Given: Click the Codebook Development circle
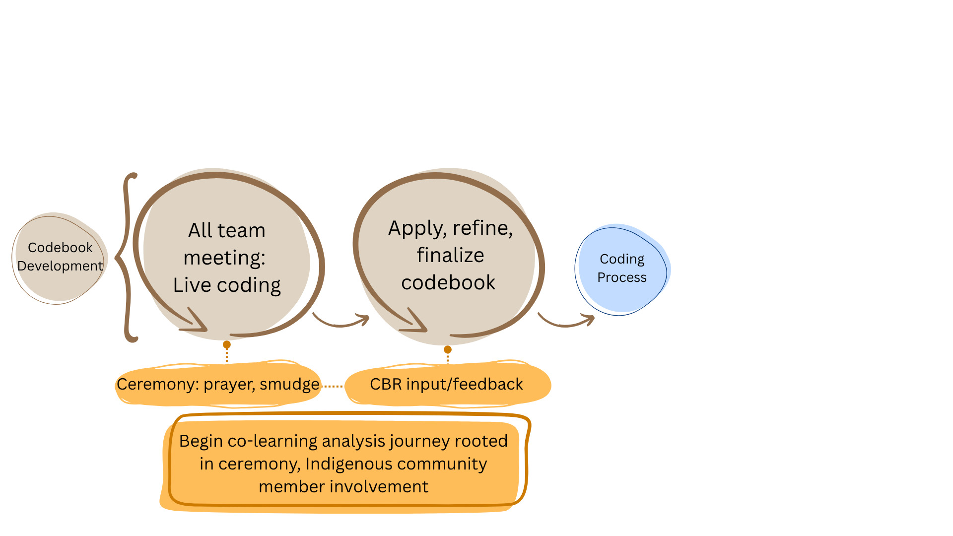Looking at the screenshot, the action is tap(60, 258).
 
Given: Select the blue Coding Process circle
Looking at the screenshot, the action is tap(622, 269).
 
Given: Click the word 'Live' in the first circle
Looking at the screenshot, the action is tap(192, 285).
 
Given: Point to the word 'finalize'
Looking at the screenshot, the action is tap(450, 255).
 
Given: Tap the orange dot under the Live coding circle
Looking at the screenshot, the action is tap(227, 344).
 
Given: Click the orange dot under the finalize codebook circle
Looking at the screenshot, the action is tap(448, 349).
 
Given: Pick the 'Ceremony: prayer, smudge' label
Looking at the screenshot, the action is tap(218, 384).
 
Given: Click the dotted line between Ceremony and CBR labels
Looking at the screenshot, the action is tap(333, 386).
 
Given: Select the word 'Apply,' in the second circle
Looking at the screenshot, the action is tap(416, 228).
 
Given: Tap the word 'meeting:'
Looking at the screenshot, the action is tap(224, 258).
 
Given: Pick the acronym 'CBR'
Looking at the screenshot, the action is tap(386, 384).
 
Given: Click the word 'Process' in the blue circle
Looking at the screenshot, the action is tap(622, 277).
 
